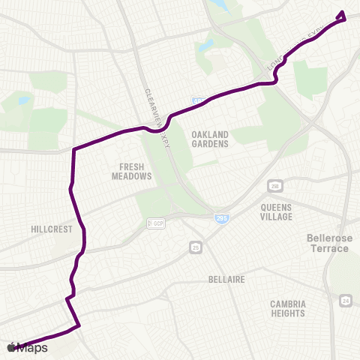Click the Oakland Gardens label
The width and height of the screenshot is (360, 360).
point(209,139)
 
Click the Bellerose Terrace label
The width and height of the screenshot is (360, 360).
point(328,242)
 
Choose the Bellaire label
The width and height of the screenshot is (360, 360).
point(226,279)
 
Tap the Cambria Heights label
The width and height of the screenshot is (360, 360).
point(289,309)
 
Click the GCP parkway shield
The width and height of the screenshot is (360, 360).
point(156,224)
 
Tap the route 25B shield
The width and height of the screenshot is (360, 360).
point(275,185)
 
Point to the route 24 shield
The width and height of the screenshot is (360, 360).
point(344,301)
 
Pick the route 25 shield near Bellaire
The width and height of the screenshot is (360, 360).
point(196,247)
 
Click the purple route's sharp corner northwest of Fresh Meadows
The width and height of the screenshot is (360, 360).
point(73,149)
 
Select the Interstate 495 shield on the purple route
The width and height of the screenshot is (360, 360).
point(197,100)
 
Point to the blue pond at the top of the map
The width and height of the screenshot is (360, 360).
point(223,6)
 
